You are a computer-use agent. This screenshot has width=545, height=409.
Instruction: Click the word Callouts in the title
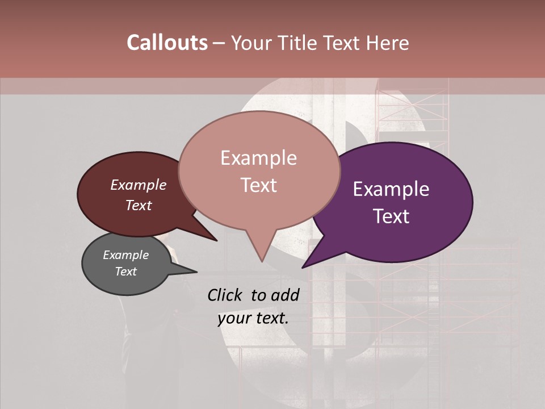167,43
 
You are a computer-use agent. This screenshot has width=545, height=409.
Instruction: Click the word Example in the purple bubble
391,189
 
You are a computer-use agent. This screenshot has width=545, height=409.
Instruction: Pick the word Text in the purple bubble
391,216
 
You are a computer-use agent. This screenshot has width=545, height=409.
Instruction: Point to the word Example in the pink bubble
258,158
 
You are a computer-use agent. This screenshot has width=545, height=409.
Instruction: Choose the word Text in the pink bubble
258,185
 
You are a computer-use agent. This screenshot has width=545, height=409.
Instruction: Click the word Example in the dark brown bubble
139,185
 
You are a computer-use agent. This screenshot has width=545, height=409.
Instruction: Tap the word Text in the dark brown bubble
139,205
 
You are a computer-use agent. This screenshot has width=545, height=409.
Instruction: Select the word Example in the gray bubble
125,255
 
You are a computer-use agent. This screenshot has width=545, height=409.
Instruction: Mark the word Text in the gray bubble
125,272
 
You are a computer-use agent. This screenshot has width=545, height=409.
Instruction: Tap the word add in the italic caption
285,295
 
